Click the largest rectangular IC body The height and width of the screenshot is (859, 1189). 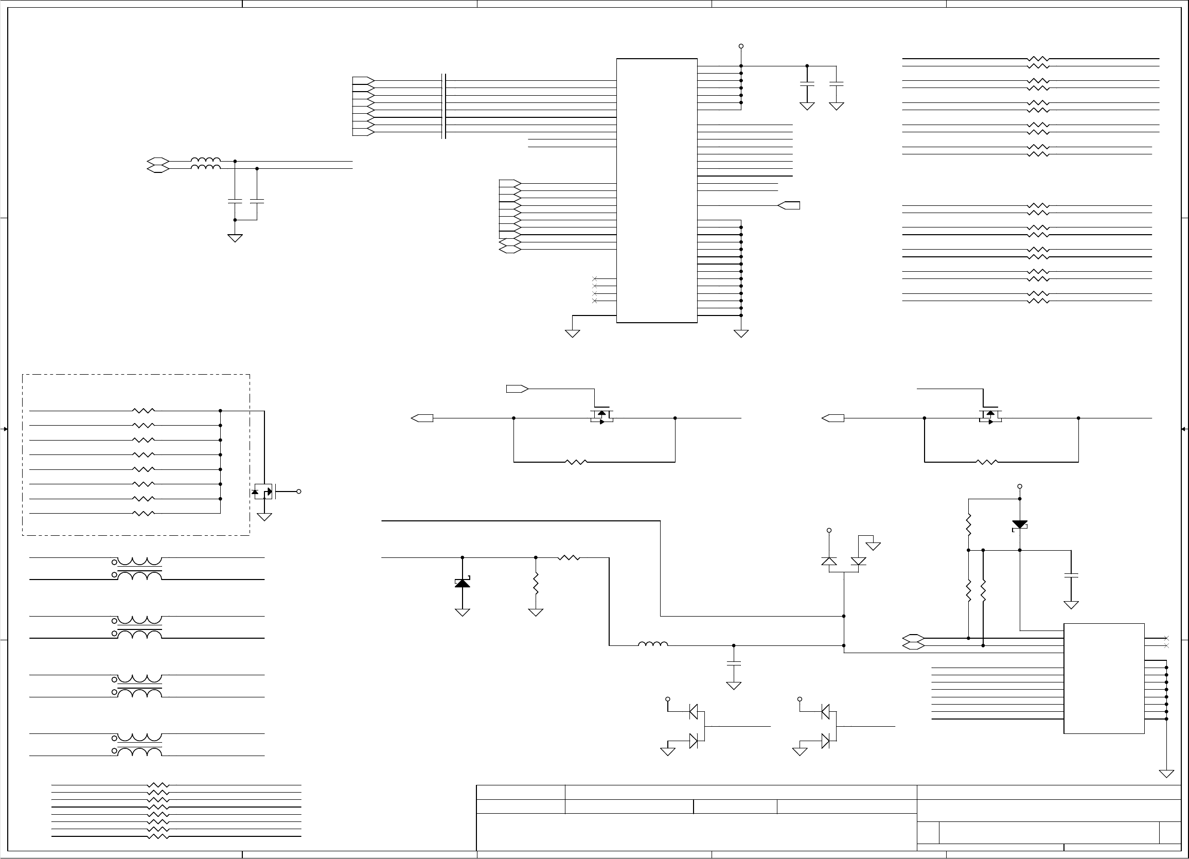coord(656,190)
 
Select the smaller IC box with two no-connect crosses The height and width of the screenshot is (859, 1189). coord(1104,678)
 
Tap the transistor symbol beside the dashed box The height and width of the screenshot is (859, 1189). coord(264,492)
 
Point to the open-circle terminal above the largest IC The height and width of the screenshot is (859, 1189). coord(741,46)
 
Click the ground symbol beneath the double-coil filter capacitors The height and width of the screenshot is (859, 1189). coord(235,238)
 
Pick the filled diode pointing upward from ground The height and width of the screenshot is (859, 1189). coord(462,583)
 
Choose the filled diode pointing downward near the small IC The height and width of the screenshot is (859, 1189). coord(1019,524)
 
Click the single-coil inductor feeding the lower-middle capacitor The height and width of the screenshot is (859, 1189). coord(653,644)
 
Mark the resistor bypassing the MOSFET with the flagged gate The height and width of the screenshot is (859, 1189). coord(576,462)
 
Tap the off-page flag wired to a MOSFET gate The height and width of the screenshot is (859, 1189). coord(517,389)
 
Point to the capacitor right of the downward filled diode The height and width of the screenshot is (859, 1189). coord(1071,576)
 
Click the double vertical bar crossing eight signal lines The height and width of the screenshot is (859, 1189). coord(444,107)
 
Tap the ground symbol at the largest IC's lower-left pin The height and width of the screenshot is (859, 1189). coord(572,333)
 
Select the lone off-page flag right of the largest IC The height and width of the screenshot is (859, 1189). coord(789,205)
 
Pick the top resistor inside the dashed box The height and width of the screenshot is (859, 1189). coord(143,411)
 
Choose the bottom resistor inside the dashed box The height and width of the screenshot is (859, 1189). coord(143,514)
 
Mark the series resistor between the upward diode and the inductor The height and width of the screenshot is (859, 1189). coord(569,557)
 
